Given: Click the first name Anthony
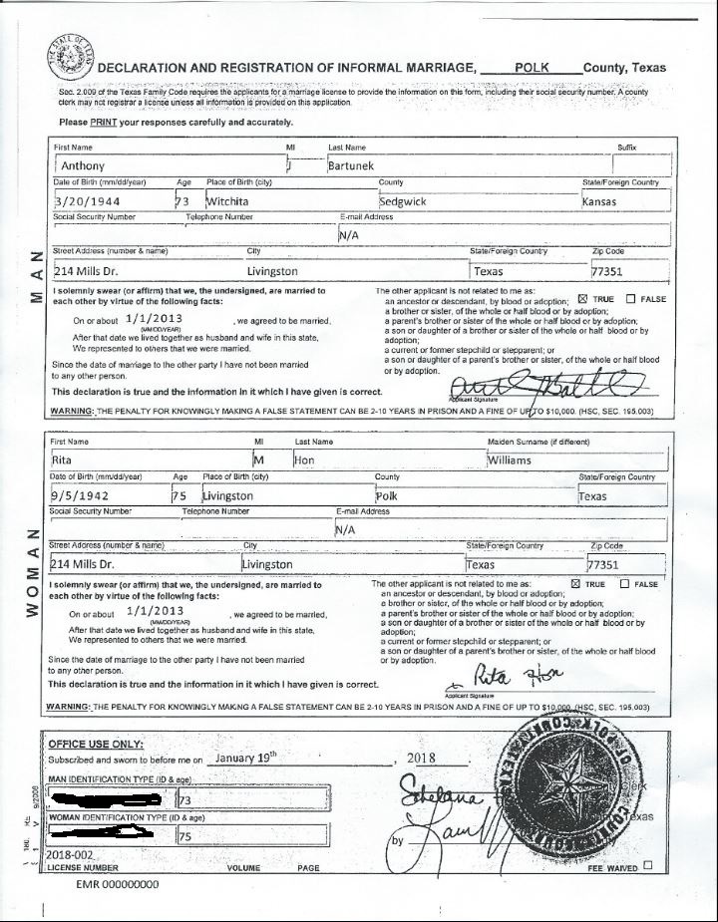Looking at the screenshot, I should pyautogui.click(x=83, y=165).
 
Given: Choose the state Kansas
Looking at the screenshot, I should pyautogui.click(x=600, y=202).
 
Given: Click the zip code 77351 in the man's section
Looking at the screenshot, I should pyautogui.click(x=607, y=271).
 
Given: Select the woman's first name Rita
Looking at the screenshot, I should pyautogui.click(x=63, y=461).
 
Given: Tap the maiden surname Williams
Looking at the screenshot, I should pyautogui.click(x=509, y=461).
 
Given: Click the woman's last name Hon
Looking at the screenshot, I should pyautogui.click(x=303, y=461).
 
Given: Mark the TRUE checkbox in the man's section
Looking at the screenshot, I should pyautogui.click(x=583, y=299).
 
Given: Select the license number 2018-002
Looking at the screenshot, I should pyautogui.click(x=69, y=856).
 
